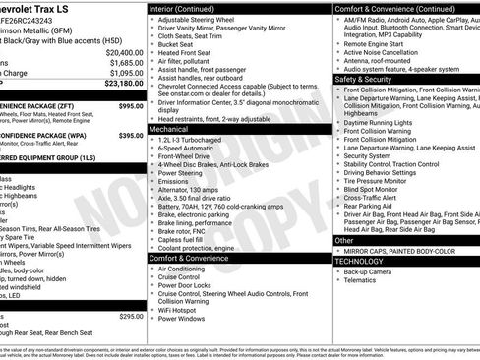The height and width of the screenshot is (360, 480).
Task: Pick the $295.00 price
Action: pyautogui.click(x=131, y=316)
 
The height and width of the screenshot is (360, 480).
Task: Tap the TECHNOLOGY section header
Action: pyautogui.click(x=360, y=261)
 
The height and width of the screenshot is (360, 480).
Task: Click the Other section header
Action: pyautogui.click(x=344, y=240)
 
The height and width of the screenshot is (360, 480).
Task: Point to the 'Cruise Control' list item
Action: pyautogui.click(x=184, y=278)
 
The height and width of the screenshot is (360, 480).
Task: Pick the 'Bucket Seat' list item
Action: pyautogui.click(x=180, y=44)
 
